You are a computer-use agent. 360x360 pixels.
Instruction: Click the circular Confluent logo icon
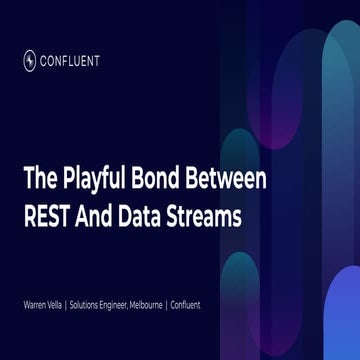click(30, 60)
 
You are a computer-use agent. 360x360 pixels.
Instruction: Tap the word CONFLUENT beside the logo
click(71, 60)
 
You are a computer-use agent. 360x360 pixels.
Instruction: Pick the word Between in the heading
click(230, 180)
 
